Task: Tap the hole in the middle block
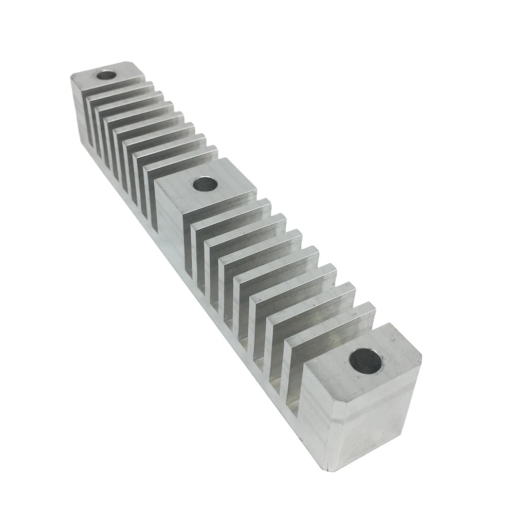204,183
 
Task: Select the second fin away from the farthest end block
128,100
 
